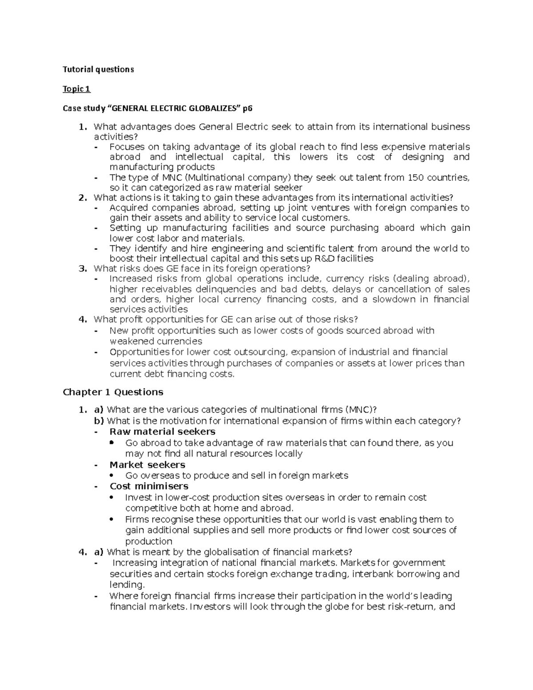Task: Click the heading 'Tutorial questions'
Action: [98, 69]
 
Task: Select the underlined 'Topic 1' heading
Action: [76, 89]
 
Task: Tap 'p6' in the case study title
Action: [247, 108]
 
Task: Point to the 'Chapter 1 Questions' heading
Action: [113, 392]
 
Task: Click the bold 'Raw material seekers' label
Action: [162, 431]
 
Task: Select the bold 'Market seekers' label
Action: [147, 464]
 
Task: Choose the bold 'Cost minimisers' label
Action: [149, 486]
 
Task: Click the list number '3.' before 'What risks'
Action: [82, 269]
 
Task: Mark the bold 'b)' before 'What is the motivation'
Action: [99, 421]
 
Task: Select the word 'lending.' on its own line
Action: [127, 585]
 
